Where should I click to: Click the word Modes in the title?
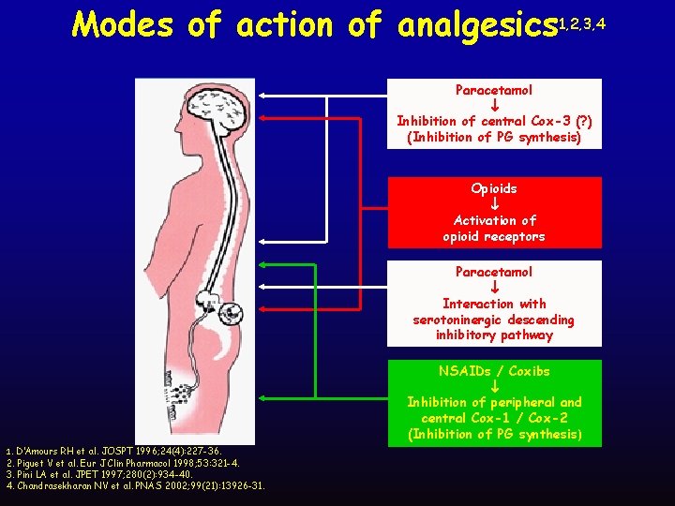coord(120,24)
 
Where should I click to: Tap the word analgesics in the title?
coord(476,26)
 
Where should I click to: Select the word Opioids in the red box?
coord(494,188)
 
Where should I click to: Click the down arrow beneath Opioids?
coord(494,204)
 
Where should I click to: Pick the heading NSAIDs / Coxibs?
coord(494,371)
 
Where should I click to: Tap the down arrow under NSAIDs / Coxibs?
coord(494,386)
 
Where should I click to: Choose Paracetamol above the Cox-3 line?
coord(494,90)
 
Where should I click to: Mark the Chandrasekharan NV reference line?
coord(135,485)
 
